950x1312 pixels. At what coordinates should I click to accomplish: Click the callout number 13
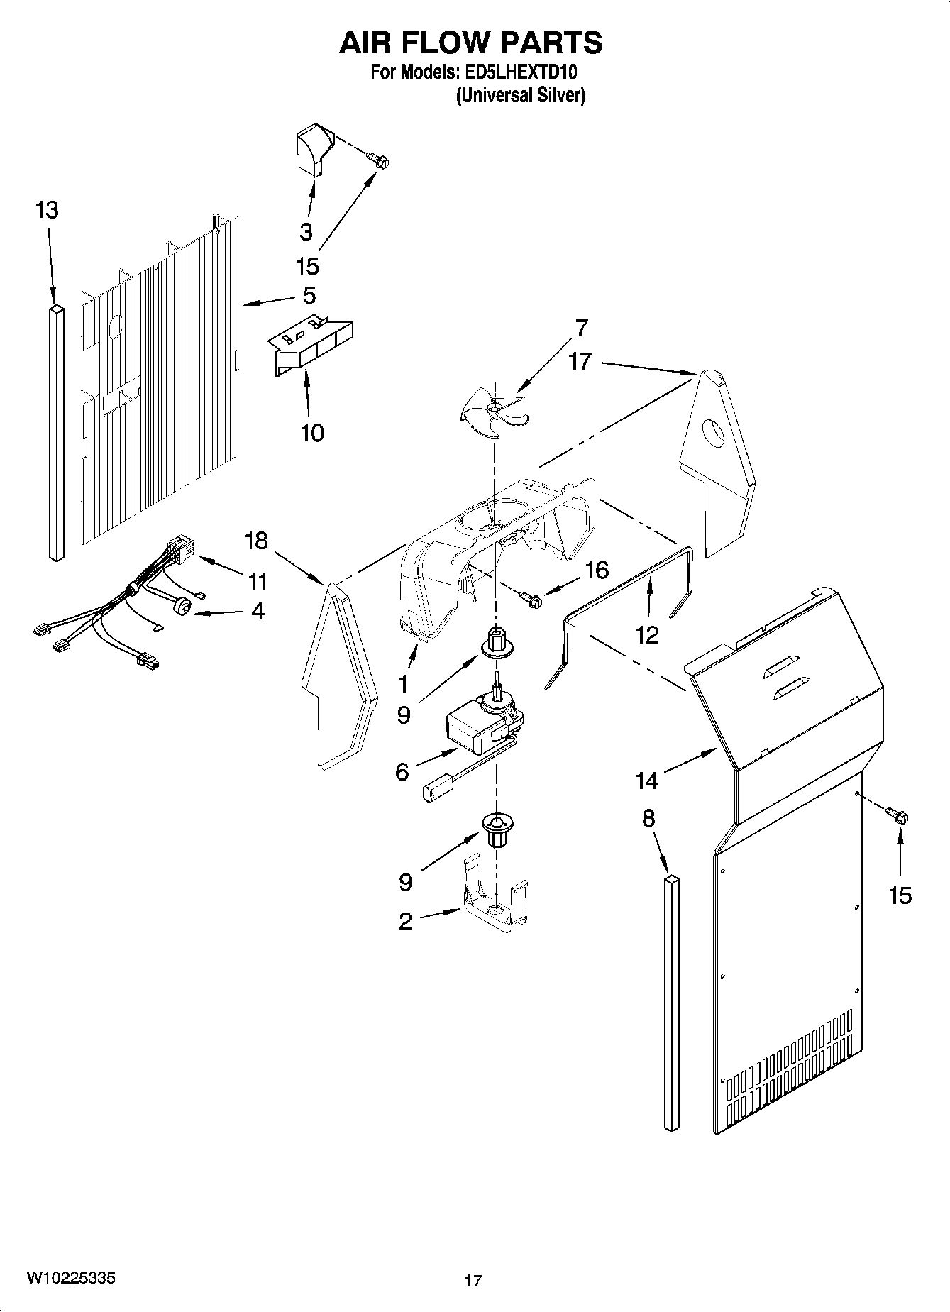pyautogui.click(x=47, y=210)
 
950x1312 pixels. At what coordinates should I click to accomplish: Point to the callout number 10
pyautogui.click(x=312, y=432)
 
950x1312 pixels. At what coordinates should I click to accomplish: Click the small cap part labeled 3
pyautogui.click(x=308, y=149)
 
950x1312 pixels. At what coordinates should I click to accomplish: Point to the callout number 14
pyautogui.click(x=647, y=781)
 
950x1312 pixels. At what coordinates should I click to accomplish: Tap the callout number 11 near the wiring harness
pyautogui.click(x=257, y=582)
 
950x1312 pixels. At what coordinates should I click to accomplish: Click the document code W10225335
pyautogui.click(x=72, y=1279)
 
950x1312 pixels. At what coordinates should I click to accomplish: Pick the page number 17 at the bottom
pyautogui.click(x=473, y=1281)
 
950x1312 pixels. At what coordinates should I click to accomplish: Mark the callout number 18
pyautogui.click(x=256, y=541)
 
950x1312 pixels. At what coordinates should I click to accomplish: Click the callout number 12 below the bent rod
pyautogui.click(x=647, y=634)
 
